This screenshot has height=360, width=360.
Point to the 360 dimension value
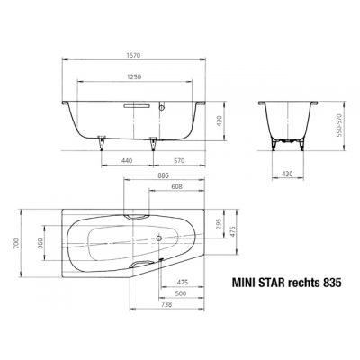(x=40, y=244)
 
